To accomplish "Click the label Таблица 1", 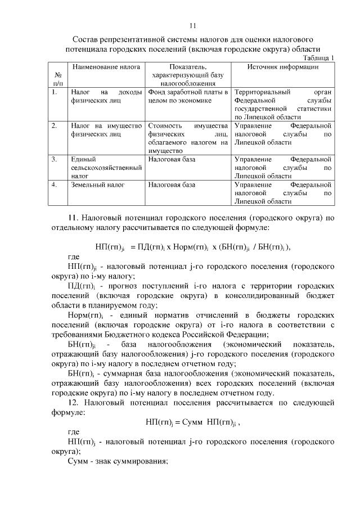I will coord(318,58).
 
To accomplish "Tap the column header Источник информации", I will coord(283,67).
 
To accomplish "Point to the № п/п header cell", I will coord(58,79).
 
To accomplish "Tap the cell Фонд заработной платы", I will coord(188,96).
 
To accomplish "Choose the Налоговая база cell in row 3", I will coord(172,159).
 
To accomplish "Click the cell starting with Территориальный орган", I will coord(282,104).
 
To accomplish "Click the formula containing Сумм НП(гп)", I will coord(196,421).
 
